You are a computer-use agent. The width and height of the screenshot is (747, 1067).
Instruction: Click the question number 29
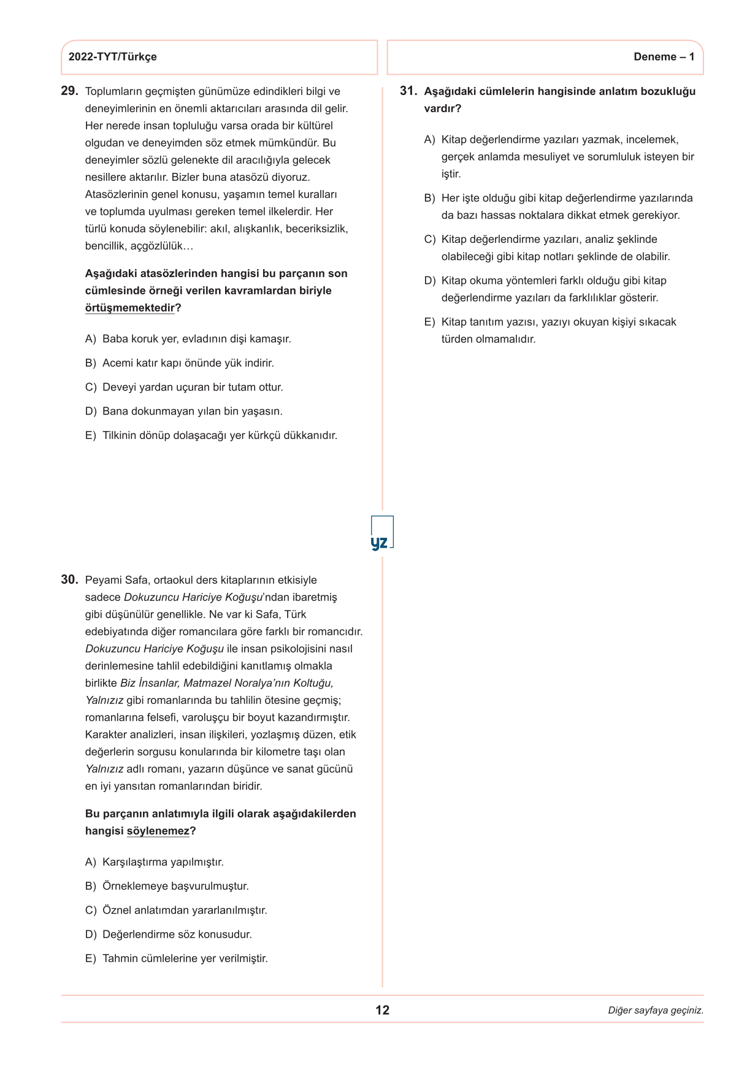point(69,91)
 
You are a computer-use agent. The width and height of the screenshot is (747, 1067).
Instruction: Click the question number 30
point(69,579)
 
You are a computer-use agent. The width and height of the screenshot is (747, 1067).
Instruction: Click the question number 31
point(408,91)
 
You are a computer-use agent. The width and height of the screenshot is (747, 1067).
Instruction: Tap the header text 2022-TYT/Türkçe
point(112,57)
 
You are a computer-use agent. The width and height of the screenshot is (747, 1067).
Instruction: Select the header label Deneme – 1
point(664,57)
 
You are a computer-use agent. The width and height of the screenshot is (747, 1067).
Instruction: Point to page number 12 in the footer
point(382,1010)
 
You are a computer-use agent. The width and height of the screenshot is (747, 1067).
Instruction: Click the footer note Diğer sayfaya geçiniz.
point(655,1011)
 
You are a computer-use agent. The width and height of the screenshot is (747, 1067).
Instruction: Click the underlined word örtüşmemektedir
point(130,308)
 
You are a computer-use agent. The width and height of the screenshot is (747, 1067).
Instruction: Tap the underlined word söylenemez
point(158,831)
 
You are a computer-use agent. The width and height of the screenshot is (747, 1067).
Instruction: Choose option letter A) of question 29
point(91,339)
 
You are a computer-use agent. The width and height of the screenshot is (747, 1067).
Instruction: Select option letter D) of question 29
point(91,411)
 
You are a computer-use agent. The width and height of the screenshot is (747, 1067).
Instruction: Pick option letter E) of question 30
point(91,958)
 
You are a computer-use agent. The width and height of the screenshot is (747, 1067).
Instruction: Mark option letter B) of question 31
point(429,198)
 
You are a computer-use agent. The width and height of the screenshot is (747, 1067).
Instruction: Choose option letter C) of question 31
point(429,239)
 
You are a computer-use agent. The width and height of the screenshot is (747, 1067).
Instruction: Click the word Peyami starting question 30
point(103,580)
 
